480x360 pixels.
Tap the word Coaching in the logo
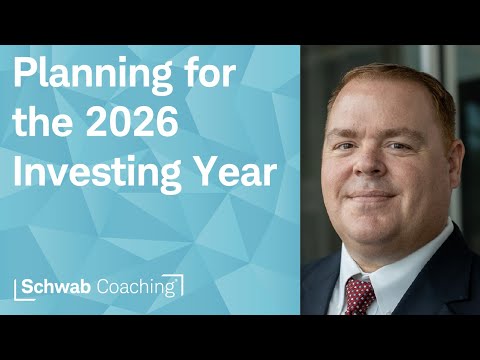pyautogui.click(x=139, y=287)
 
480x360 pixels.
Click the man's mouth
pyautogui.click(x=376, y=197)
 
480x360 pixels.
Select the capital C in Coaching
pyautogui.click(x=108, y=286)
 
